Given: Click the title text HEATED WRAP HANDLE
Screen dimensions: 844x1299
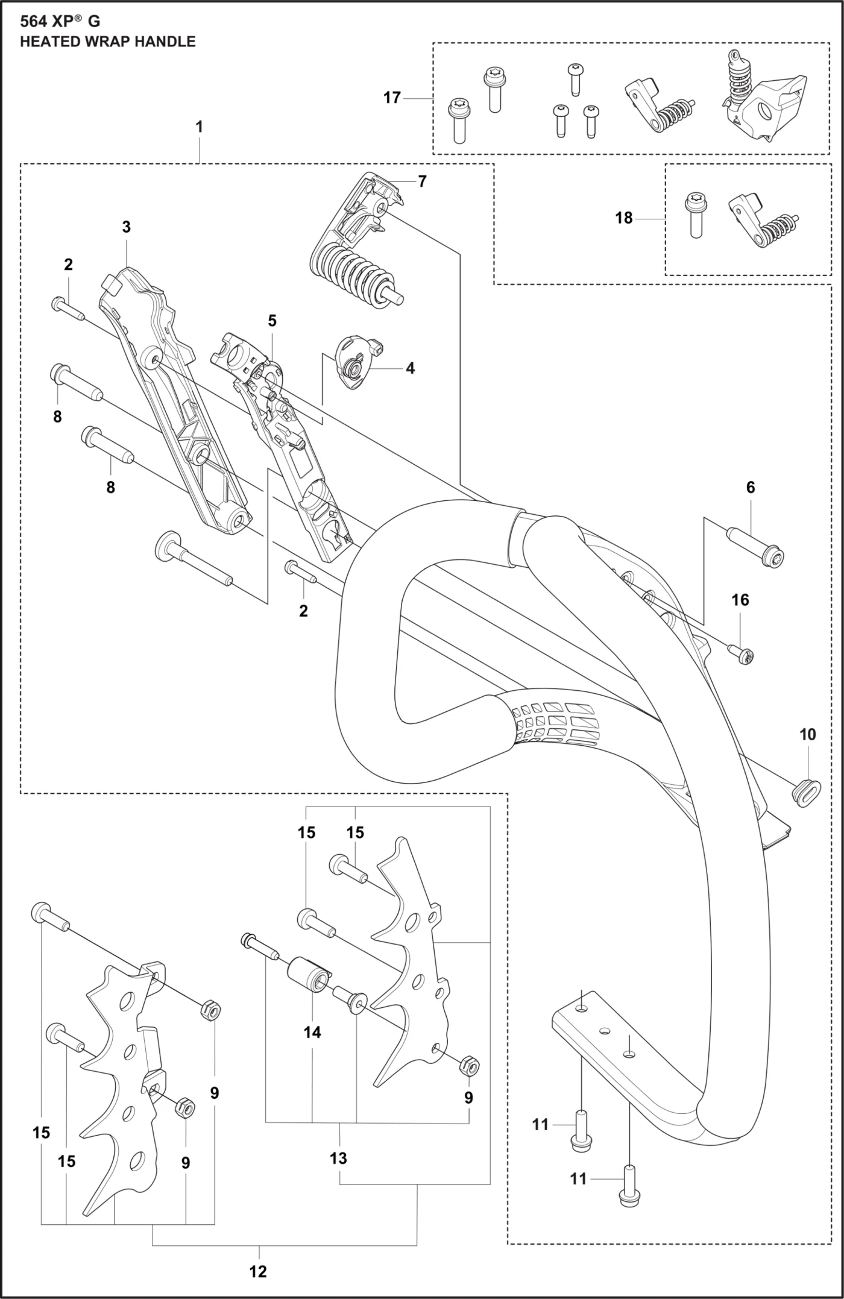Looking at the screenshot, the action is tap(108, 42).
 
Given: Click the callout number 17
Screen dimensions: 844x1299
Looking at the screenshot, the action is tap(392, 98).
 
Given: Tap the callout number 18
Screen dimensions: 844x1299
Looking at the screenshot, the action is tap(624, 218).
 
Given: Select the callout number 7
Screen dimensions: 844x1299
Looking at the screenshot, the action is tap(422, 181).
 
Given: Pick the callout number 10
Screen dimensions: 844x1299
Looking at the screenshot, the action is tap(808, 734).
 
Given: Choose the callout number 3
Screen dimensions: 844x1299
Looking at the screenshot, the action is tap(126, 227).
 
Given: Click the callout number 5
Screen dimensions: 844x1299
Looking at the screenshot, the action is tap(272, 321).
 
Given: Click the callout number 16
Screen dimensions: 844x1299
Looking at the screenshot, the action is tap(740, 600).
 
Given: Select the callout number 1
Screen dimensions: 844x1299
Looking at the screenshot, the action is tap(199, 127).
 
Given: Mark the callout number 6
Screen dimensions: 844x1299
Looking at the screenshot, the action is tap(751, 487).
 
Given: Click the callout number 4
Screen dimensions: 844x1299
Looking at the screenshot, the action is tap(410, 368).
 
